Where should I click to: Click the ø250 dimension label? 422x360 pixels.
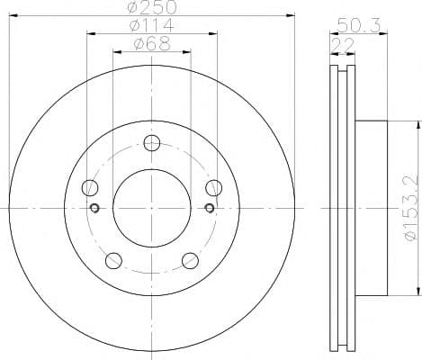tap(151, 7)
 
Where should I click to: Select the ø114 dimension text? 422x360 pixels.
tap(151, 25)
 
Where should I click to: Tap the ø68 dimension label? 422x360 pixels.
tap(152, 44)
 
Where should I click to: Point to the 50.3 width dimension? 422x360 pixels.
tap(359, 25)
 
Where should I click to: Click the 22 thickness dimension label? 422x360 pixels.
tap(343, 46)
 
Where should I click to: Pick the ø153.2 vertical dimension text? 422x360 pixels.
tap(410, 208)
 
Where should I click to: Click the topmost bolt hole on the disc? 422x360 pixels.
tap(152, 143)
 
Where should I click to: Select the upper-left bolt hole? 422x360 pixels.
tap(90, 187)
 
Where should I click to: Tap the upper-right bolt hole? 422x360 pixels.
tap(214, 187)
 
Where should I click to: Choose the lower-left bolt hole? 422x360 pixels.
tap(113, 260)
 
